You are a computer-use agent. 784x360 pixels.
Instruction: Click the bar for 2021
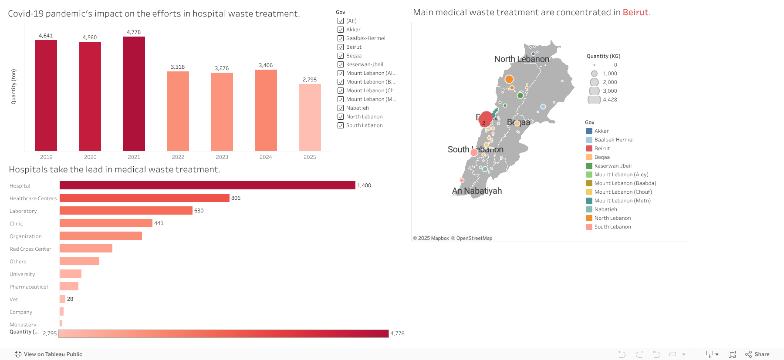134,94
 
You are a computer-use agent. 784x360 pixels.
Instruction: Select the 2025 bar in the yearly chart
310,118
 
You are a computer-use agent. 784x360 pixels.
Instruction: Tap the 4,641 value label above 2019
46,36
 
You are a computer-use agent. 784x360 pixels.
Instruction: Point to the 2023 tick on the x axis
222,157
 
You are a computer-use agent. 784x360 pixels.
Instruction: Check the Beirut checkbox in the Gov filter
341,47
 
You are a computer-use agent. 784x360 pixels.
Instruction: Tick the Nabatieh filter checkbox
341,108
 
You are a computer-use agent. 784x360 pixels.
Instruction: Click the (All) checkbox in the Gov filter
341,21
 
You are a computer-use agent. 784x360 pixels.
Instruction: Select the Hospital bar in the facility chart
207,185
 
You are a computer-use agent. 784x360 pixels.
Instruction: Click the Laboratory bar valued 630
126,211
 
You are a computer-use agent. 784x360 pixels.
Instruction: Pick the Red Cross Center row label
30,249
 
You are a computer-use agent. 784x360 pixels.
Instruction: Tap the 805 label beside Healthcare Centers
236,198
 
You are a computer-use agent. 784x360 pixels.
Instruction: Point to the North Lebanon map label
521,59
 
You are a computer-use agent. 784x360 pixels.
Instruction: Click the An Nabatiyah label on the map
476,191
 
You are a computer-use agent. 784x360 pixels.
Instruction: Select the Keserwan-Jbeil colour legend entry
612,166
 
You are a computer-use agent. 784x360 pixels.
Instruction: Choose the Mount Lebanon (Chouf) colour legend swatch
589,192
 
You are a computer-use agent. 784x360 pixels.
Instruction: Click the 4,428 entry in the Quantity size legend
609,100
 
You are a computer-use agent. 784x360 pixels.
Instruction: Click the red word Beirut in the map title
635,13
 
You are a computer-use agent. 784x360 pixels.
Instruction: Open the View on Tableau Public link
53,354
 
